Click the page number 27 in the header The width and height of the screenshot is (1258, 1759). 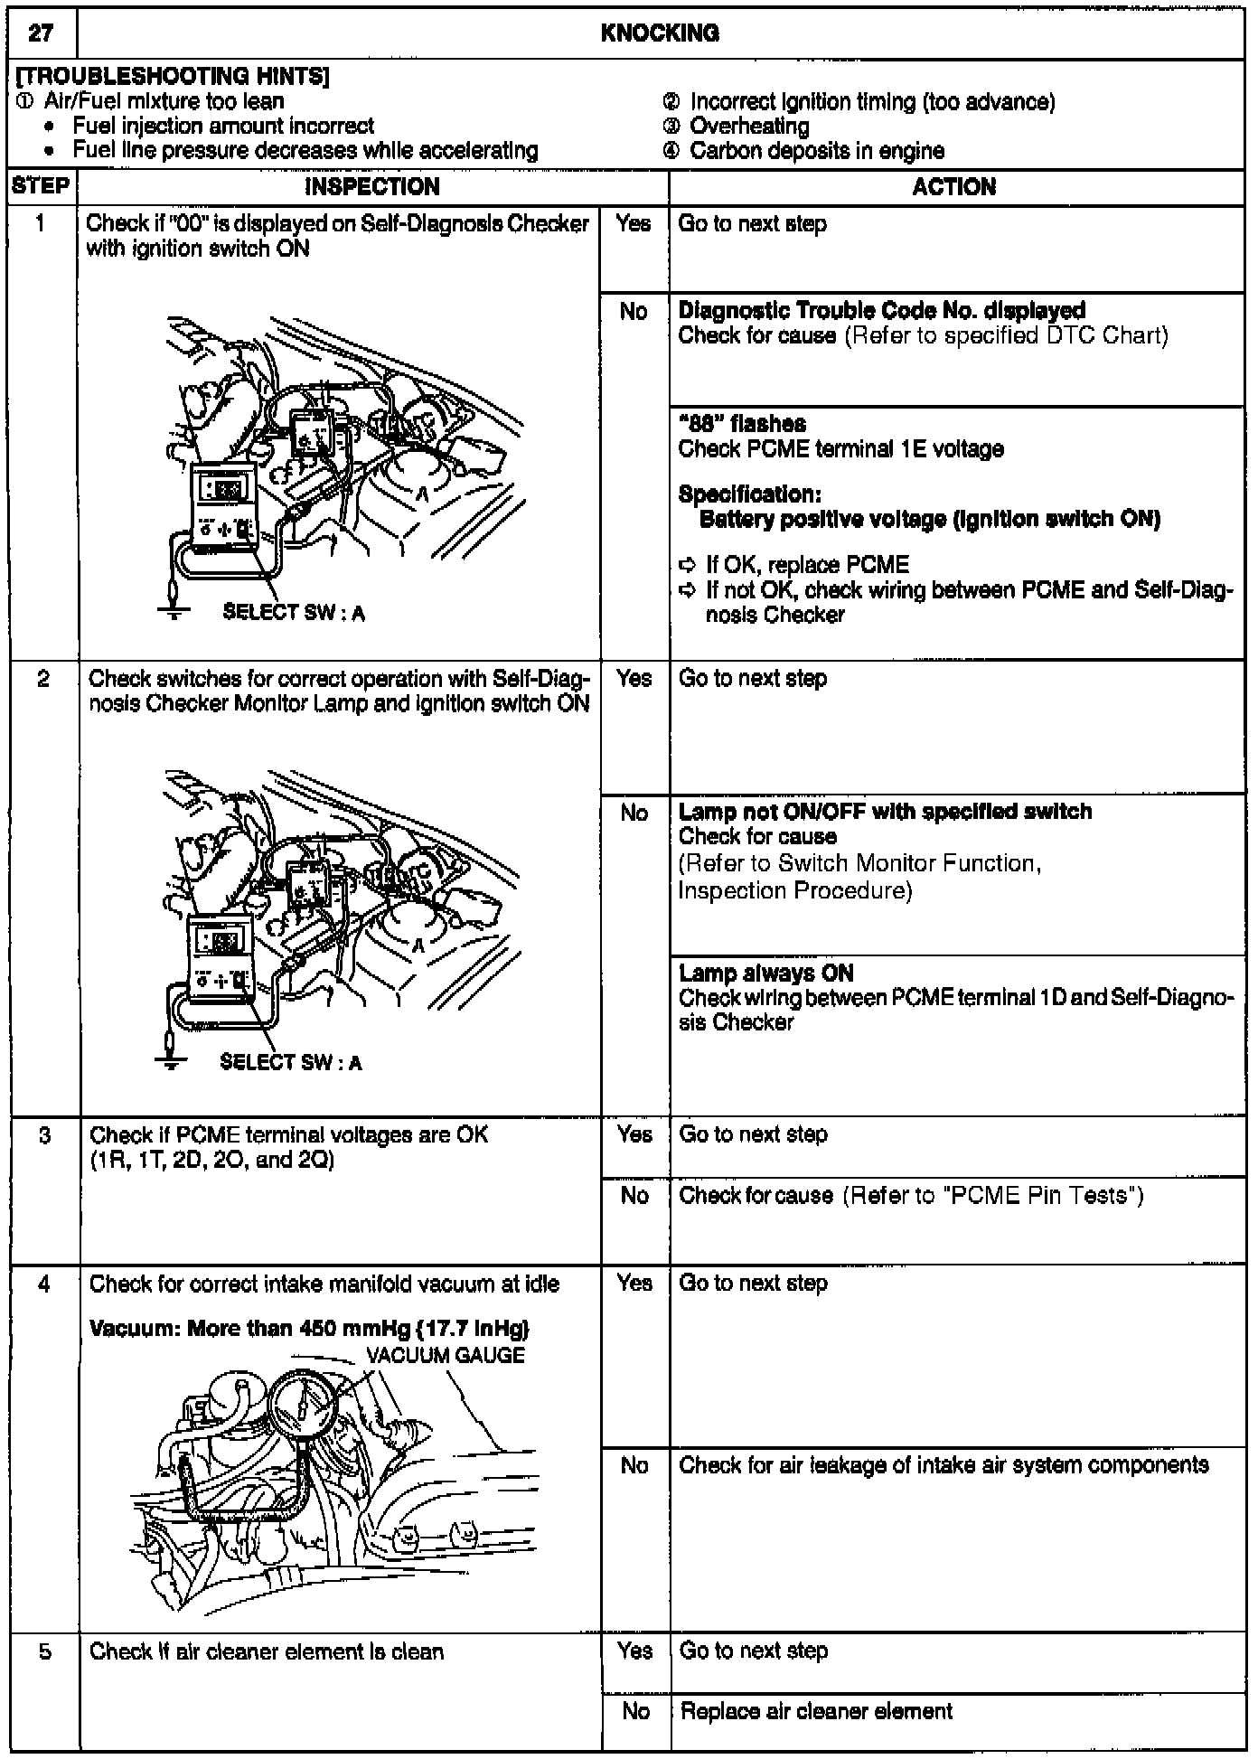pos(41,33)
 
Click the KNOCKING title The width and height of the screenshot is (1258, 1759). pos(660,33)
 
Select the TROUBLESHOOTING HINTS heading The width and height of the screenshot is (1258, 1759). pos(172,77)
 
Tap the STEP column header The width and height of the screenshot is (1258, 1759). pos(41,186)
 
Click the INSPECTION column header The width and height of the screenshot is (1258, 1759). pos(371,186)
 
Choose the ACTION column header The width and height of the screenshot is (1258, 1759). pos(954,186)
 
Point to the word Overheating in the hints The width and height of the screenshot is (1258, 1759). pos(748,127)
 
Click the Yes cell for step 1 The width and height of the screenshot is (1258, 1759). pos(634,223)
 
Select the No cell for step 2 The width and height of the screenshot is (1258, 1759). pos(634,813)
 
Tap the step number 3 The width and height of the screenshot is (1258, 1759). pos(44,1133)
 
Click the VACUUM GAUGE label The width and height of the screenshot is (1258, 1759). pos(445,1355)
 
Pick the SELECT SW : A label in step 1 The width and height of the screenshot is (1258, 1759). pos(294,613)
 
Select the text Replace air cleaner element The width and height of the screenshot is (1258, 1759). pos(816,1711)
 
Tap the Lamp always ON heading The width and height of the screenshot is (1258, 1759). pos(765,973)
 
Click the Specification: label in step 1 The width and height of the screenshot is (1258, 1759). pos(749,494)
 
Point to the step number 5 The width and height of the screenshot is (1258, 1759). pos(44,1651)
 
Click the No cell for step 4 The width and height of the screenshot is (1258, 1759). pos(634,1465)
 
